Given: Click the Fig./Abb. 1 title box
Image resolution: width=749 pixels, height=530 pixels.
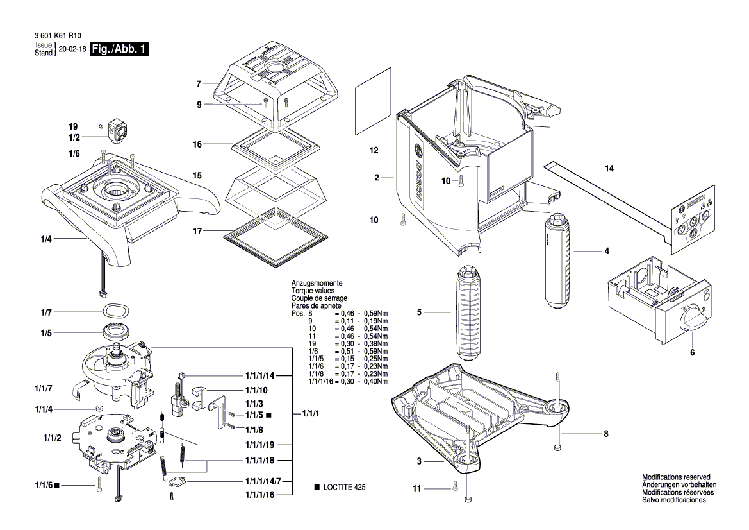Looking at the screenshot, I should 120,50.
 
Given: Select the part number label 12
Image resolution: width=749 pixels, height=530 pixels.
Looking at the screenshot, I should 374,151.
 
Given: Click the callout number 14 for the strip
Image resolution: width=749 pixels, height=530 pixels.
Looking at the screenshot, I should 608,169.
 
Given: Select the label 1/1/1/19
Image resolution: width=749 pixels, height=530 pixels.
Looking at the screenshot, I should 259,445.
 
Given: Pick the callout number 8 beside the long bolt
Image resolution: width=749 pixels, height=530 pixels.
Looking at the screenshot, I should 605,434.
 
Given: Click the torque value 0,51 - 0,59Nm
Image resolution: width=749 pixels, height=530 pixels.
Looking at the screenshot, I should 366,351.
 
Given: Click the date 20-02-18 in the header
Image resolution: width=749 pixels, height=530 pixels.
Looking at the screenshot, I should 72,50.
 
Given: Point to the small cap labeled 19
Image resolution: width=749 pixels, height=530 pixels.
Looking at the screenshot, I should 102,127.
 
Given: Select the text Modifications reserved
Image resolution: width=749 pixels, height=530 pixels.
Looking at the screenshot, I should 675,477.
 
